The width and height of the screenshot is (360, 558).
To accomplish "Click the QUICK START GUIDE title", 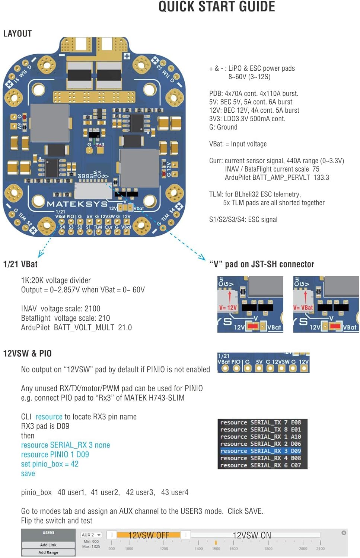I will pos(217,7).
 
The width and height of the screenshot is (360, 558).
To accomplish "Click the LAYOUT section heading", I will pos(17,33).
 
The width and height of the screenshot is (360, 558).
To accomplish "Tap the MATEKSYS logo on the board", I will pos(77,204).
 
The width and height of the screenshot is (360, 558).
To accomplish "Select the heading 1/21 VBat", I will pos(20,264).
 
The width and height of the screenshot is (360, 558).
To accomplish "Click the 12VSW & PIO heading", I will pos(27,353).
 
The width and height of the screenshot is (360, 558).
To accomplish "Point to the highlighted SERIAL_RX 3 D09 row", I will pos(261,451).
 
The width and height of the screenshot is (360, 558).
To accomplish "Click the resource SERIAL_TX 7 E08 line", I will pos(261,422).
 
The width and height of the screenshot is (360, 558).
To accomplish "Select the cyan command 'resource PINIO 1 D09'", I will pos(55,455).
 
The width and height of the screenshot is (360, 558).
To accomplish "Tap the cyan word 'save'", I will pos(28,474).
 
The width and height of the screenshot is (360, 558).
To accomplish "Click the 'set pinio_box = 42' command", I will pos(50,464).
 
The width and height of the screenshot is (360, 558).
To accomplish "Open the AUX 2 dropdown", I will pos(91,535).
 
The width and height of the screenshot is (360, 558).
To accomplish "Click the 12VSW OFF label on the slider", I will pos(149,535).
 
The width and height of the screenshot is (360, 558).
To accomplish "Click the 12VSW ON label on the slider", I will pos(252,535).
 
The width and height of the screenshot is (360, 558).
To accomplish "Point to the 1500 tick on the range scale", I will pos(216,548).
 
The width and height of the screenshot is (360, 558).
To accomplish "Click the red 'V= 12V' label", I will pos(228,308).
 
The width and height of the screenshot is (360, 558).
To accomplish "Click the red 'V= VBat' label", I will pos(303,308).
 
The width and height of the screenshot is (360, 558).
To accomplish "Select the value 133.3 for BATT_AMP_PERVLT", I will pos(321,177).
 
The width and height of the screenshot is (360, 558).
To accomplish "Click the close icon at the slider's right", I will pos(344,533).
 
